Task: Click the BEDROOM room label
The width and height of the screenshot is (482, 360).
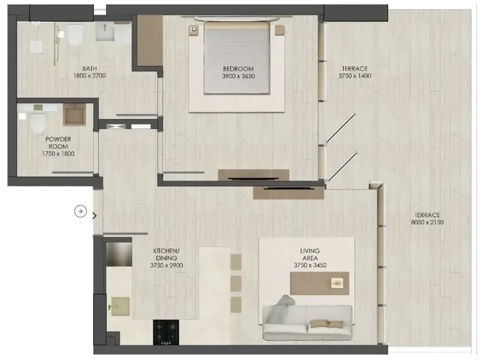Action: click(238, 68)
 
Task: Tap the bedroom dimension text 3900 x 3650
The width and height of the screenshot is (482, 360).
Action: click(238, 76)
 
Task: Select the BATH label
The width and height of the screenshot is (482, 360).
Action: click(90, 68)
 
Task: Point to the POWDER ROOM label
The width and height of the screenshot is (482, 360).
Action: click(58, 143)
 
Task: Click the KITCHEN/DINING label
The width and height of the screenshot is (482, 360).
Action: click(166, 255)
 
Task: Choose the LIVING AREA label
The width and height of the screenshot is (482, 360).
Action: click(310, 255)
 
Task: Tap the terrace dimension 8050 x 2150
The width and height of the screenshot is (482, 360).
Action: click(427, 222)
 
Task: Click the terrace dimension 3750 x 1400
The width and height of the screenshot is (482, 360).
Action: click(355, 75)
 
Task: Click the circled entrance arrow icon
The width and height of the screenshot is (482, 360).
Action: click(81, 211)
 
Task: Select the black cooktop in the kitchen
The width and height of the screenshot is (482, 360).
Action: click(166, 332)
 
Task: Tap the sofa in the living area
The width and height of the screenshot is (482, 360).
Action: click(307, 323)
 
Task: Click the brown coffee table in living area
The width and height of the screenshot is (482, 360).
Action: click(319, 283)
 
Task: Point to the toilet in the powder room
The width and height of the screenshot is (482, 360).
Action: click(38, 122)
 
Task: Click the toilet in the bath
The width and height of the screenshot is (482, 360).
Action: click(74, 35)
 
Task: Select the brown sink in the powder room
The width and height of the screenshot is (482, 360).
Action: click(74, 114)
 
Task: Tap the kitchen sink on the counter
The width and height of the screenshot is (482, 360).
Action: click(120, 306)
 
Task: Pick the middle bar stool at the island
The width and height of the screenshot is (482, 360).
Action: click(236, 283)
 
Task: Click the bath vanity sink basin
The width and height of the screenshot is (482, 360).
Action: click(105, 32)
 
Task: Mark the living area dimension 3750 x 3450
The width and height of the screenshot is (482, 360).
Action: click(310, 265)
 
